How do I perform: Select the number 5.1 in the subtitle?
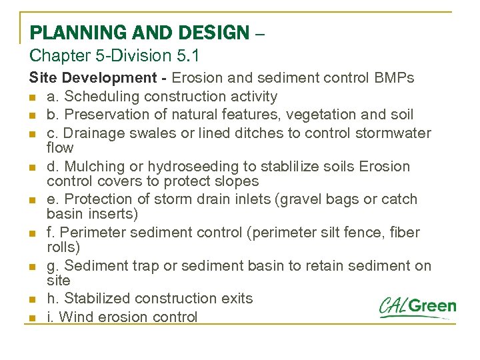(187, 57)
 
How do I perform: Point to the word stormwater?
(394, 133)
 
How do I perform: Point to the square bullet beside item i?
(32, 318)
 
